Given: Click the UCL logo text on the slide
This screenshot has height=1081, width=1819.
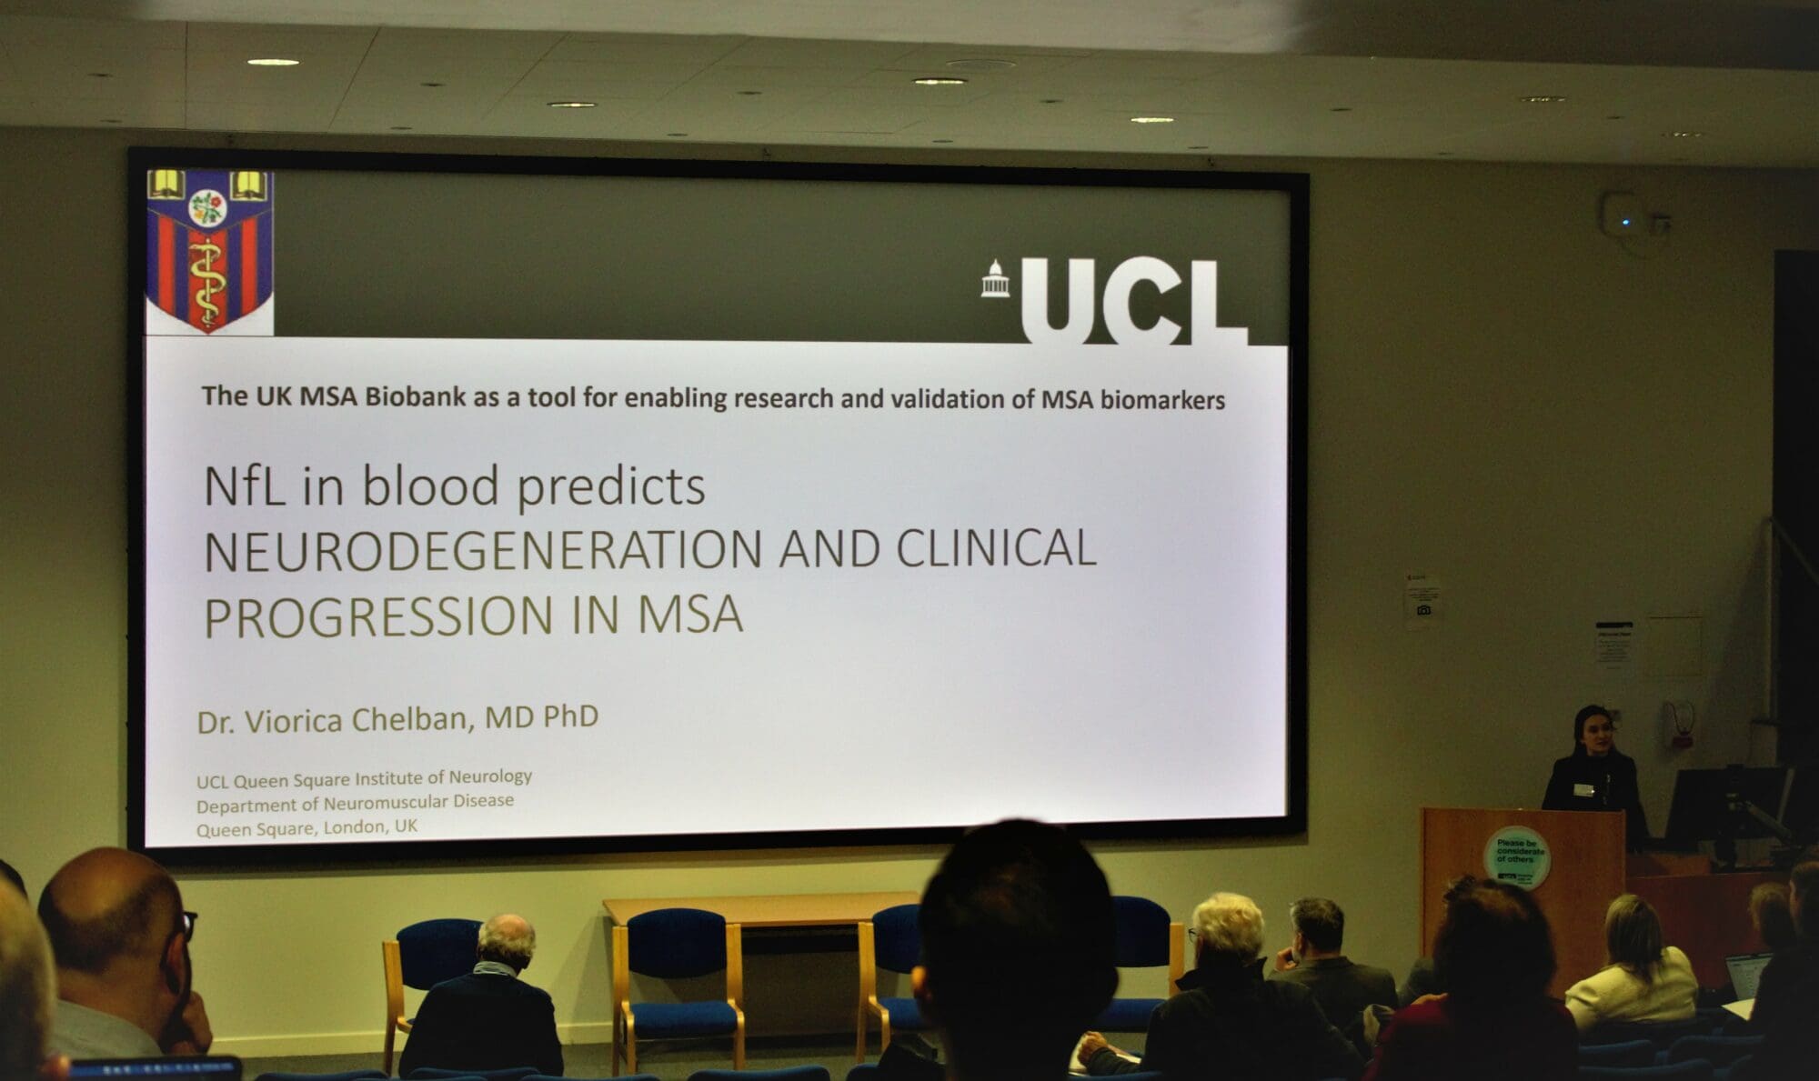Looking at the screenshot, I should pos(1132,300).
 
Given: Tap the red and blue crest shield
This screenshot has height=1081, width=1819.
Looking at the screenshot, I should pos(209,250).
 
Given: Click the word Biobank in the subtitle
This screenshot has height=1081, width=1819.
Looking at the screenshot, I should pos(415,397).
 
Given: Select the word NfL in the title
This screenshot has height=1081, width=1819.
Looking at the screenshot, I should pos(244,486).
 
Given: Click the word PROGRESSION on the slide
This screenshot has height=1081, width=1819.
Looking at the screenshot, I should pos(378,616).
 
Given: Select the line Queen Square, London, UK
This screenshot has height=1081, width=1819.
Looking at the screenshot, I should pos(307,827).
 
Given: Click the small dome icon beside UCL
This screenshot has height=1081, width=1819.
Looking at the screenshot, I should pos(994,279).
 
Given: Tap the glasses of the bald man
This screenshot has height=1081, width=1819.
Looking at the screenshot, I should pos(186,925).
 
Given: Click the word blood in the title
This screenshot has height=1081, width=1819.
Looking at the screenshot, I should pos(430,486).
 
